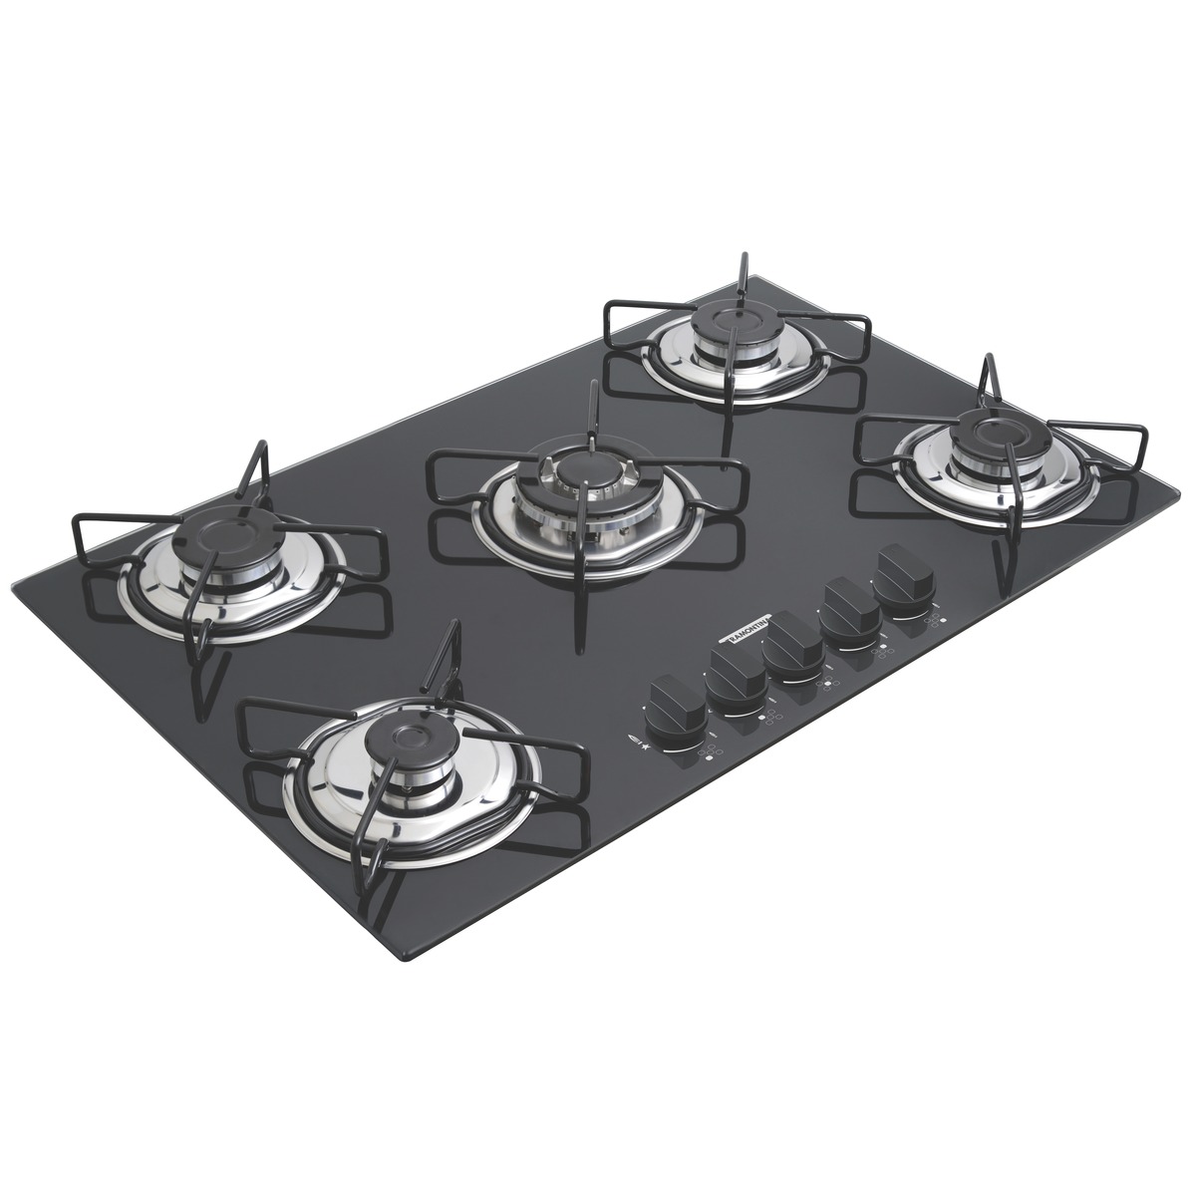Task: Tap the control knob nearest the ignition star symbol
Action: point(675,701)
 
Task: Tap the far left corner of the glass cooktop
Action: point(12,586)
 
